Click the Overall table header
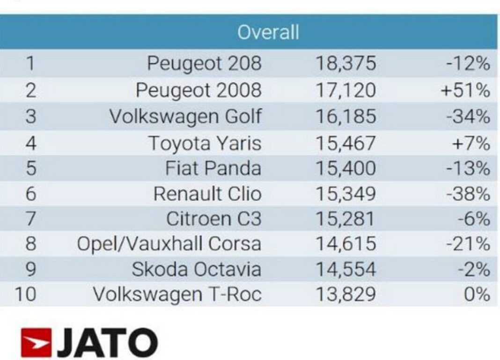click(267, 32)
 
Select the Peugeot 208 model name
click(204, 63)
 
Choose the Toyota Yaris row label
click(205, 143)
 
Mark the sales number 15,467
click(346, 143)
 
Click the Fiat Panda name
click(213, 168)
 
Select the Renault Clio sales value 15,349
click(346, 193)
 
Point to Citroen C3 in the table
click(213, 219)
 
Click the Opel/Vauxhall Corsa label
click(169, 244)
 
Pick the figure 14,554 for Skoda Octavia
click(346, 269)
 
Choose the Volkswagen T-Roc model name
click(177, 294)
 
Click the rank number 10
click(25, 294)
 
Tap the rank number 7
click(30, 219)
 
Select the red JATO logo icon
click(36, 343)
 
